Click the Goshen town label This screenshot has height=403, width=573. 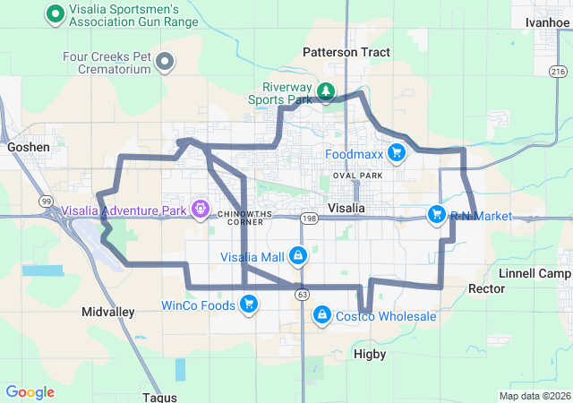27,146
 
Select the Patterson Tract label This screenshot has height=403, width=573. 346,52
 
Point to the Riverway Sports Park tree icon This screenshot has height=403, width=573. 327,91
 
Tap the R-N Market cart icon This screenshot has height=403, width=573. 436,215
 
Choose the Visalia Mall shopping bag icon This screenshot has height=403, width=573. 297,257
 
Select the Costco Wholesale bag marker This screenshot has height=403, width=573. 321,315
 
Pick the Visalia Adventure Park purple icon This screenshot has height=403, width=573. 201,211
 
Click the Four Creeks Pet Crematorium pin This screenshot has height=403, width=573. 165,62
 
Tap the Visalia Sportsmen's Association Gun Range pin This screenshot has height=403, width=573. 55,13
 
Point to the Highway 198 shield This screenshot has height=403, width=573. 310,218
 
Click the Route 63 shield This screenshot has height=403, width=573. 303,294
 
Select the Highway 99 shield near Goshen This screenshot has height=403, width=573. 46,202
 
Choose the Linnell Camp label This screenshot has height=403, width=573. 535,272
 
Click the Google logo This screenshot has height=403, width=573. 30,391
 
